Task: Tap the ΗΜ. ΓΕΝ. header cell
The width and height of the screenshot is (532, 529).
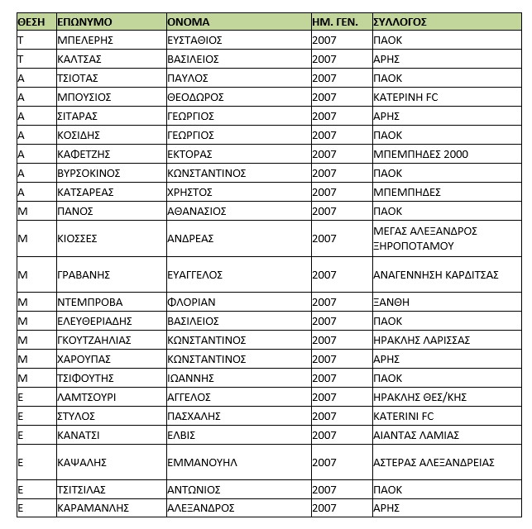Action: [x=335, y=21]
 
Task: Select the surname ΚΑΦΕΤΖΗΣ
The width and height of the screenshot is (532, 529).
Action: [x=84, y=155]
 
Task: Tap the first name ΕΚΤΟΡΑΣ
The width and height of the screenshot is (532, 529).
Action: [x=189, y=155]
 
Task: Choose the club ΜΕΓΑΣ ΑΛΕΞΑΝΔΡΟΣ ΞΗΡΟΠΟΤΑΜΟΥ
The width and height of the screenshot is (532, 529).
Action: [x=425, y=239]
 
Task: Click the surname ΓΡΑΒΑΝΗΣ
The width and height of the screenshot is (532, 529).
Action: [x=84, y=274]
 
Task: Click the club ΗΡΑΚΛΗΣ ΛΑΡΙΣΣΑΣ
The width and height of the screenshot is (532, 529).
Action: [x=421, y=341]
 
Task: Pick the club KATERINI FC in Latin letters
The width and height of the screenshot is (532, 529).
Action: [x=405, y=417]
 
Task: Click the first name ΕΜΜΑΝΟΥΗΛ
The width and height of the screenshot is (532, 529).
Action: [x=202, y=463]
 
